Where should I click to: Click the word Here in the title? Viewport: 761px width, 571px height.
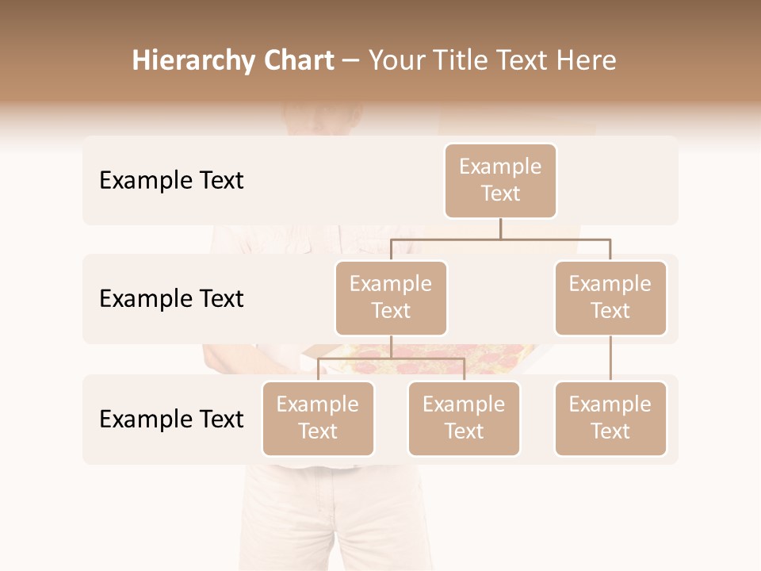(587, 61)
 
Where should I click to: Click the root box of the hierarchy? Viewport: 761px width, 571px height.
(500, 180)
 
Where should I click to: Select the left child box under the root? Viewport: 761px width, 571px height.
(391, 297)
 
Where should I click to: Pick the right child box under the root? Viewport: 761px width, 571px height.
(610, 297)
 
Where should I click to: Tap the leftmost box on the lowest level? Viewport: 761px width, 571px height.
(318, 418)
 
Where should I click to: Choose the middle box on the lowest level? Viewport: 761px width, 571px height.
(464, 418)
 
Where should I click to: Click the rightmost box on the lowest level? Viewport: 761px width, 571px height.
(610, 418)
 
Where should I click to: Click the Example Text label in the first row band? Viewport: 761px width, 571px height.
(171, 181)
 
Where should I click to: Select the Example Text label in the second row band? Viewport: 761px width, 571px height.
(171, 299)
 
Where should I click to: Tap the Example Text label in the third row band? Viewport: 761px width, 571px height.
(171, 420)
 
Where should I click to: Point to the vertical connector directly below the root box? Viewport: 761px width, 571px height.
(500, 228)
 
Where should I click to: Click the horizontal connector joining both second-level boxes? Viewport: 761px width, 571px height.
(500, 239)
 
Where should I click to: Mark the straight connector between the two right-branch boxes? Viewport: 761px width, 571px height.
(610, 358)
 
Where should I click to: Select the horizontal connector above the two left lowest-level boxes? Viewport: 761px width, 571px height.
(391, 358)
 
